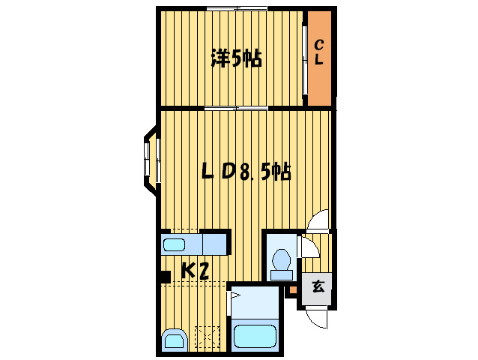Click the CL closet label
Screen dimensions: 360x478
coord(318,53)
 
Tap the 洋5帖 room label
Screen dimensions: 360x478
coord(237,58)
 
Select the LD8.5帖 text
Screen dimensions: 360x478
coord(246,172)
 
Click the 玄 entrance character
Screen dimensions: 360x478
coord(318,286)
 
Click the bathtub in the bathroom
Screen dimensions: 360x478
coord(255,334)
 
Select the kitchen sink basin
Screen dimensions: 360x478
coord(175,244)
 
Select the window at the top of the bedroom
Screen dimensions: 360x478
coord(236,9)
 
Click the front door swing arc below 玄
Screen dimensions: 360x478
coord(318,318)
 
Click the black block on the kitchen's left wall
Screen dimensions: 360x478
coord(163,277)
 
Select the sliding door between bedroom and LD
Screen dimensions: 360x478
coord(237,109)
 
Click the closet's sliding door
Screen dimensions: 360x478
coord(305,61)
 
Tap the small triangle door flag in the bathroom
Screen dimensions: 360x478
coord(235,297)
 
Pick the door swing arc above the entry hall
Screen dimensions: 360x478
coord(319,222)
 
